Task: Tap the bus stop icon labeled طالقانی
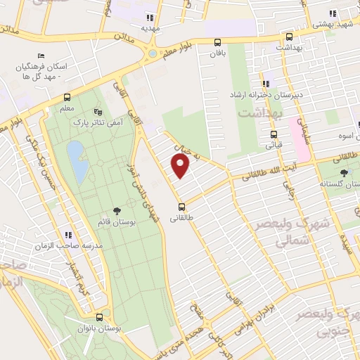[x=182, y=207]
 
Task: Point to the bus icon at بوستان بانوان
[x=99, y=317]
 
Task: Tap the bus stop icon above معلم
[x=67, y=97]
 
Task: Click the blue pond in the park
[x=77, y=160]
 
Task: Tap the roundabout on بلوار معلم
[x=153, y=53]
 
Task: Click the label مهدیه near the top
[x=149, y=29]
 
